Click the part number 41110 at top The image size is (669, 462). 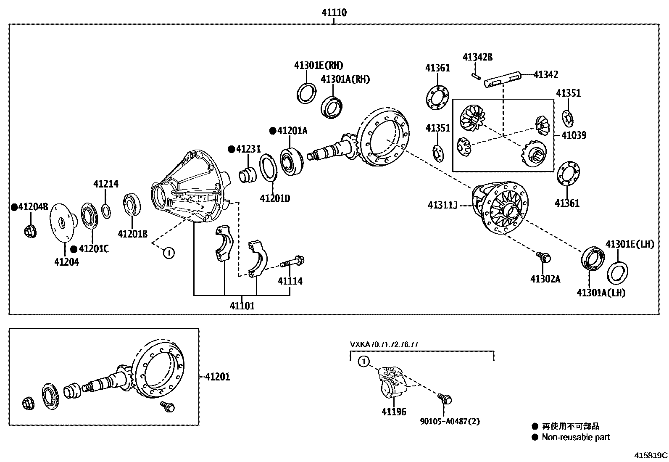click(334, 13)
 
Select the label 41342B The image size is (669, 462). click(477, 57)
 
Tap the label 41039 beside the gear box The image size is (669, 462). click(574, 135)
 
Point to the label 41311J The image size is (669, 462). click(442, 205)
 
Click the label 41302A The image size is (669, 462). click(545, 279)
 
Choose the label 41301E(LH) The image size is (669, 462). click(629, 244)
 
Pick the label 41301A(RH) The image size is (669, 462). click(345, 79)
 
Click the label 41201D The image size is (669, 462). click(275, 198)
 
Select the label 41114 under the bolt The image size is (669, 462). click(290, 281)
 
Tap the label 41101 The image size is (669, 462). click(242, 306)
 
